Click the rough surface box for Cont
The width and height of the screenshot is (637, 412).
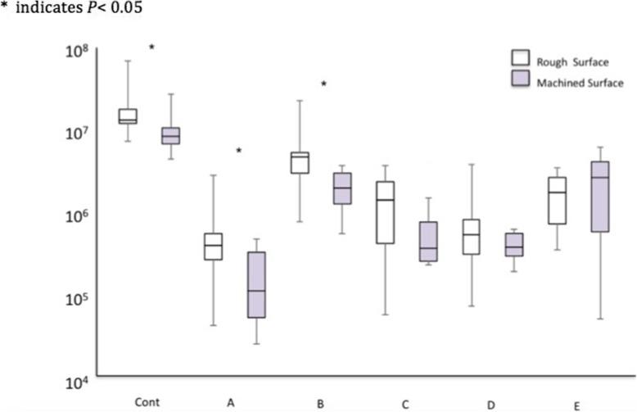coord(128,116)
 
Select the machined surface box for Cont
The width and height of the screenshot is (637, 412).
coord(170,135)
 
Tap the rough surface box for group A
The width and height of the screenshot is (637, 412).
coord(213,246)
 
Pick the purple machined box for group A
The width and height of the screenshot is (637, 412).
coord(255,284)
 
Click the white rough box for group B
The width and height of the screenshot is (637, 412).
coord(300,162)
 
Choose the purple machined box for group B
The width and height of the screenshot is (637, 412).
coord(341,188)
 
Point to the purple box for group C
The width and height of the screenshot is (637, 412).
coord(427,242)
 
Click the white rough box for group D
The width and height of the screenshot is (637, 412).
coord(471,237)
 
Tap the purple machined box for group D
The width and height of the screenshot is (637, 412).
coord(513,244)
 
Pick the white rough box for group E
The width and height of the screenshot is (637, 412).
coord(557,201)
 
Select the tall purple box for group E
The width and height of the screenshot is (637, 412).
coord(599,197)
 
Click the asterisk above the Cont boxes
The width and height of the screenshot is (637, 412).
coord(151,48)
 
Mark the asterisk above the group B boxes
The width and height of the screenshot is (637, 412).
coord(323,84)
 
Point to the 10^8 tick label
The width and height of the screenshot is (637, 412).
coord(70,52)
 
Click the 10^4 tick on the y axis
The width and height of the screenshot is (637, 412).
coord(70,381)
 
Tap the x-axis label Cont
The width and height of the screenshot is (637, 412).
coord(148,402)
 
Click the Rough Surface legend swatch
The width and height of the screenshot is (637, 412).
coord(519,57)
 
